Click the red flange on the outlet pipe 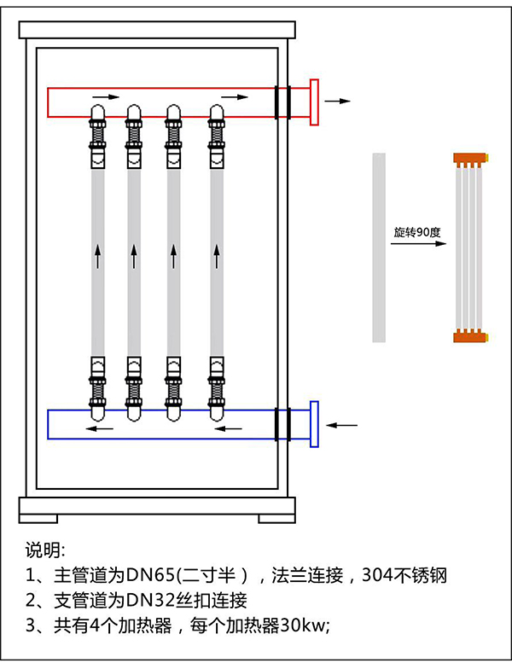(x=314, y=102)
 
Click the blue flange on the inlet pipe (x=314, y=423)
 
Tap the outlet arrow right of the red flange (x=338, y=101)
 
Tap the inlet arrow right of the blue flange (x=344, y=424)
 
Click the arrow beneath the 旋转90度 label (x=418, y=244)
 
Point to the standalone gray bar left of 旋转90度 (x=379, y=247)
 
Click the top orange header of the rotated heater (x=470, y=158)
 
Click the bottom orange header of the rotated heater (x=470, y=335)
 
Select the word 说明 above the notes (x=44, y=548)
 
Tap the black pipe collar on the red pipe (x=282, y=102)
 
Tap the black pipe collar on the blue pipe (x=282, y=424)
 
